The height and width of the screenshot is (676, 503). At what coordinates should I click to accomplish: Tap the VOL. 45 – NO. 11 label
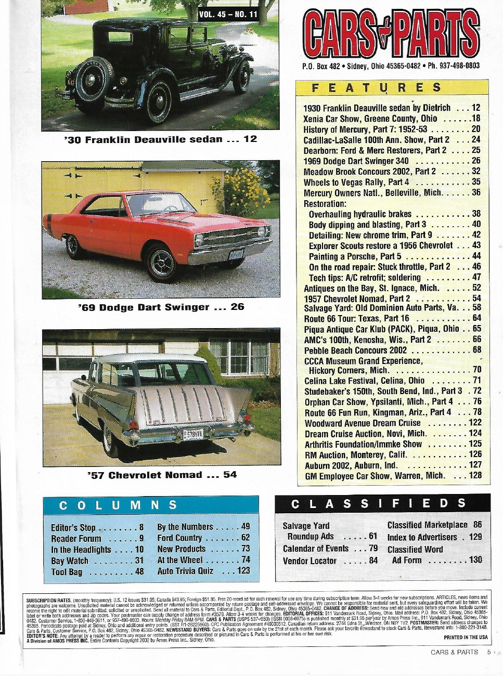pos(228,14)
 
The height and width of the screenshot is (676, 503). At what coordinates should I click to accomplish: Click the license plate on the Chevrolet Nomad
pos(192,433)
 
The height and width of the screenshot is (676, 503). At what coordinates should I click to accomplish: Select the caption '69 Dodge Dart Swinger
pos(161,307)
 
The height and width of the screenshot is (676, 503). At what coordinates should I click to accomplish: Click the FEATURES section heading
pos(377,87)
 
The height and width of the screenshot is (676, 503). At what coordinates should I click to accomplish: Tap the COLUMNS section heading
pos(118,505)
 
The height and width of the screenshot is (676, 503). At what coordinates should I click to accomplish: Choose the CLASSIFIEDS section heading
pos(379,503)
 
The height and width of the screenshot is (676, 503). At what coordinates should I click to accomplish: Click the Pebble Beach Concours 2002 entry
pos(355,350)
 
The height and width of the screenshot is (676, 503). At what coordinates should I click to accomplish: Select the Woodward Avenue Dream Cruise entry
pos(362,423)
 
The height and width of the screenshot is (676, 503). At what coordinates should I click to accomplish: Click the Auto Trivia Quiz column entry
pos(185,570)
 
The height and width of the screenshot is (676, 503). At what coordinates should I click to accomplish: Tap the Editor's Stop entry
pos(73,527)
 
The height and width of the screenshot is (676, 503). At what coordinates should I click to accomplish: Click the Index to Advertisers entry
pos(422,537)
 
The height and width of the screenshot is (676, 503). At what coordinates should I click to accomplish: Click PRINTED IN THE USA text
pos(465,637)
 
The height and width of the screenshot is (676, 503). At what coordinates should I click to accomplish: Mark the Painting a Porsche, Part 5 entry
pos(355,256)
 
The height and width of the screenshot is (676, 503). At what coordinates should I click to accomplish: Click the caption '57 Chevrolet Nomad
pos(162,475)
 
